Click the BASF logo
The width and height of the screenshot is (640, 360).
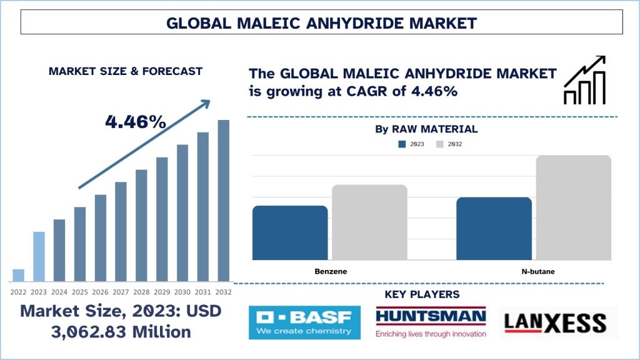pos(304,322)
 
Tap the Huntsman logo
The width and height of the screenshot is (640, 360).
pos(431,322)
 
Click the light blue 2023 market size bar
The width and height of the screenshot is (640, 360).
pos(39,257)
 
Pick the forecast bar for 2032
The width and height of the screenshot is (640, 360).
pos(224,201)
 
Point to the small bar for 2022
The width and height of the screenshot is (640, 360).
pos(18,276)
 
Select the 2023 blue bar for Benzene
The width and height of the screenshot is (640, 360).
pos(290,232)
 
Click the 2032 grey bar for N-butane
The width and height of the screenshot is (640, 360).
pos(574,207)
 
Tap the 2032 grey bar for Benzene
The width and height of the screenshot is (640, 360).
pos(369,222)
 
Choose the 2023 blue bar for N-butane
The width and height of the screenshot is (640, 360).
pos(494,229)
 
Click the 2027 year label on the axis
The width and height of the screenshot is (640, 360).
pos(121,292)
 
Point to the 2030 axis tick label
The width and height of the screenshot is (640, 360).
pos(182,292)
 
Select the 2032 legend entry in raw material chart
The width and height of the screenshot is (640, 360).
pos(449,144)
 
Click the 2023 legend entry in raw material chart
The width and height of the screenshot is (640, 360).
pos(411,144)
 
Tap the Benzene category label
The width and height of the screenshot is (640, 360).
pos(331,271)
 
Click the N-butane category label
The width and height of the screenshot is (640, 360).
pos(538,271)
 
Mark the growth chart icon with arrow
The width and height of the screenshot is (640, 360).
pos(584,80)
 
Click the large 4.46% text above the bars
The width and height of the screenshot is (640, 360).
pos(136,122)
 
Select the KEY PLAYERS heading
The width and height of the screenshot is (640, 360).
pos(422,294)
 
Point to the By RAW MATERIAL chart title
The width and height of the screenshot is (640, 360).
pos(426,129)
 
